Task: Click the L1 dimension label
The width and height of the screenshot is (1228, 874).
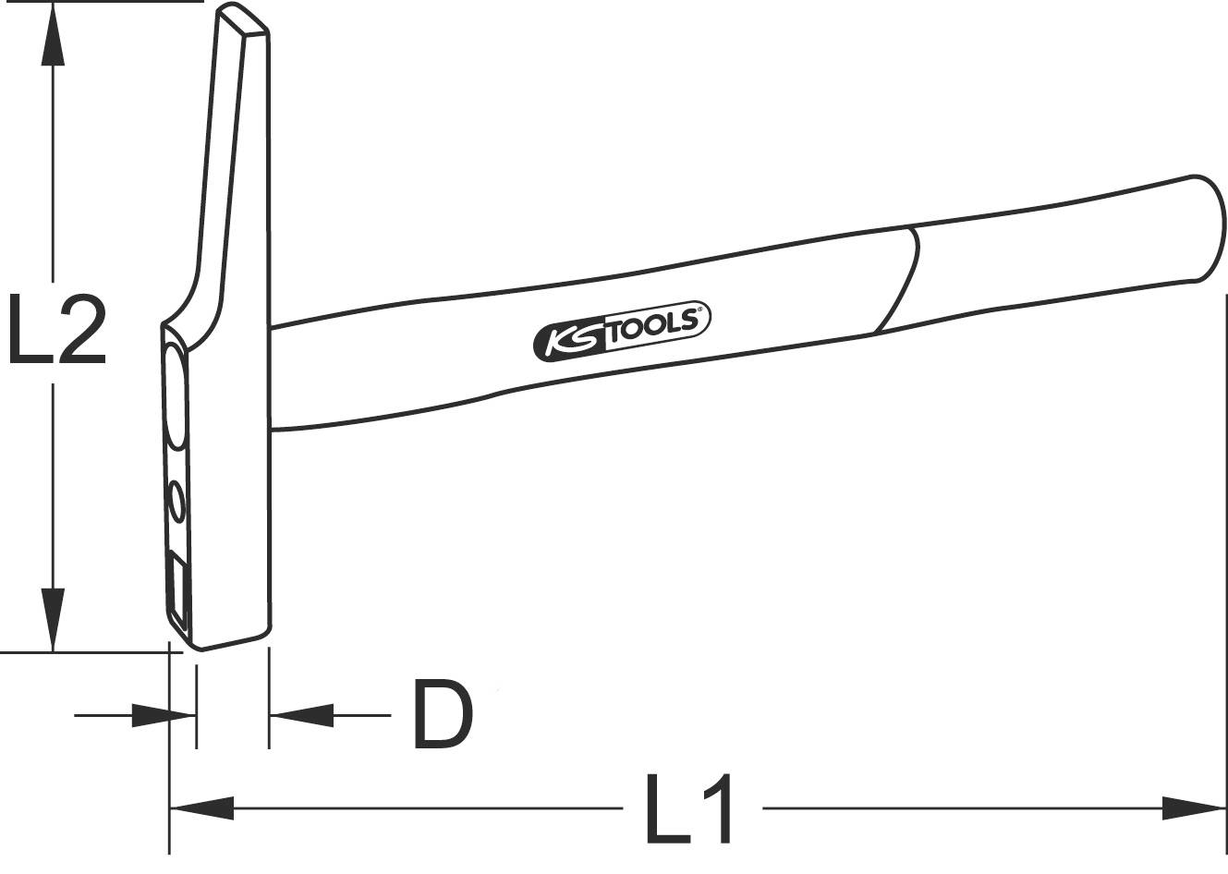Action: click(x=691, y=809)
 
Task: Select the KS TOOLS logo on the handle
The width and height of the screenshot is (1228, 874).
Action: click(x=621, y=331)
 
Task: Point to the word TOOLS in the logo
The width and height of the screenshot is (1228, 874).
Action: click(x=657, y=324)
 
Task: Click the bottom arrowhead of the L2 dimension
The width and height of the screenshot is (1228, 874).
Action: click(x=54, y=619)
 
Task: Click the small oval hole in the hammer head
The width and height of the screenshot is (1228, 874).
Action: click(x=176, y=504)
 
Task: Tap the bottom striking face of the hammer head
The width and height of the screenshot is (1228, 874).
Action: click(x=231, y=639)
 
